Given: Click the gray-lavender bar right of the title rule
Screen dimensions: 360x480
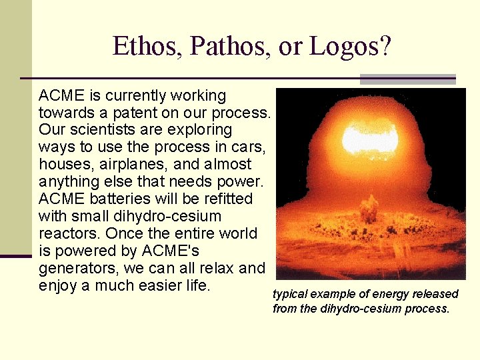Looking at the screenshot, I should click(407, 79).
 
